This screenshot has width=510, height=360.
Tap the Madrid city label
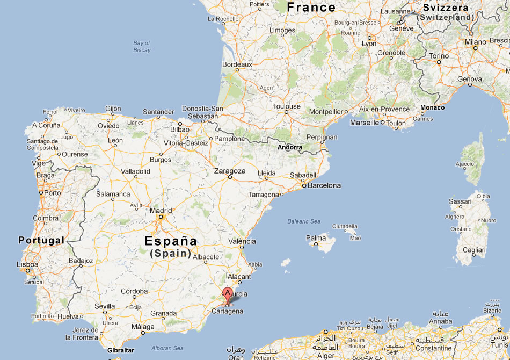pyautogui.click(x=161, y=211)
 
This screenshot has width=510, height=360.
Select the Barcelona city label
pyautogui.click(x=324, y=185)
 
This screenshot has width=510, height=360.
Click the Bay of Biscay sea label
pyautogui.click(x=142, y=46)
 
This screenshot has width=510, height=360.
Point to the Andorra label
pyautogui.click(x=289, y=147)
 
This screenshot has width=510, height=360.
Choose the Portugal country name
pyautogui.click(x=41, y=240)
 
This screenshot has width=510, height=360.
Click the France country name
pyautogui.click(x=311, y=7)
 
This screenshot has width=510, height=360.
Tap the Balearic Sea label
pyautogui.click(x=303, y=221)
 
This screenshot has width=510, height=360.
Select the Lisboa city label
pyautogui.click(x=28, y=264)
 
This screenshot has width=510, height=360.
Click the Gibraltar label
pyautogui.click(x=121, y=350)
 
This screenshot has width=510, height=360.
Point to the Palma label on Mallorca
pyautogui.click(x=316, y=238)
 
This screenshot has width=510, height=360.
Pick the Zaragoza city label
pyautogui.click(x=230, y=171)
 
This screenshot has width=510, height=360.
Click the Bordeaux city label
pyautogui.click(x=237, y=64)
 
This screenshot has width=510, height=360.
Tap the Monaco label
pyautogui.click(x=433, y=107)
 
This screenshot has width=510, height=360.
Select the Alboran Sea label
pyautogui.click(x=168, y=348)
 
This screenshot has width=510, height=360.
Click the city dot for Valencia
pyautogui.click(x=242, y=248)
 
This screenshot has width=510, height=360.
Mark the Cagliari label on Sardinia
pyautogui.click(x=474, y=250)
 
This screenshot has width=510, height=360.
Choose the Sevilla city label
pyautogui.click(x=105, y=306)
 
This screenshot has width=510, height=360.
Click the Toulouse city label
pyautogui.click(x=287, y=106)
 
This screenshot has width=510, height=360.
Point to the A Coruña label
pyautogui.click(x=46, y=125)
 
